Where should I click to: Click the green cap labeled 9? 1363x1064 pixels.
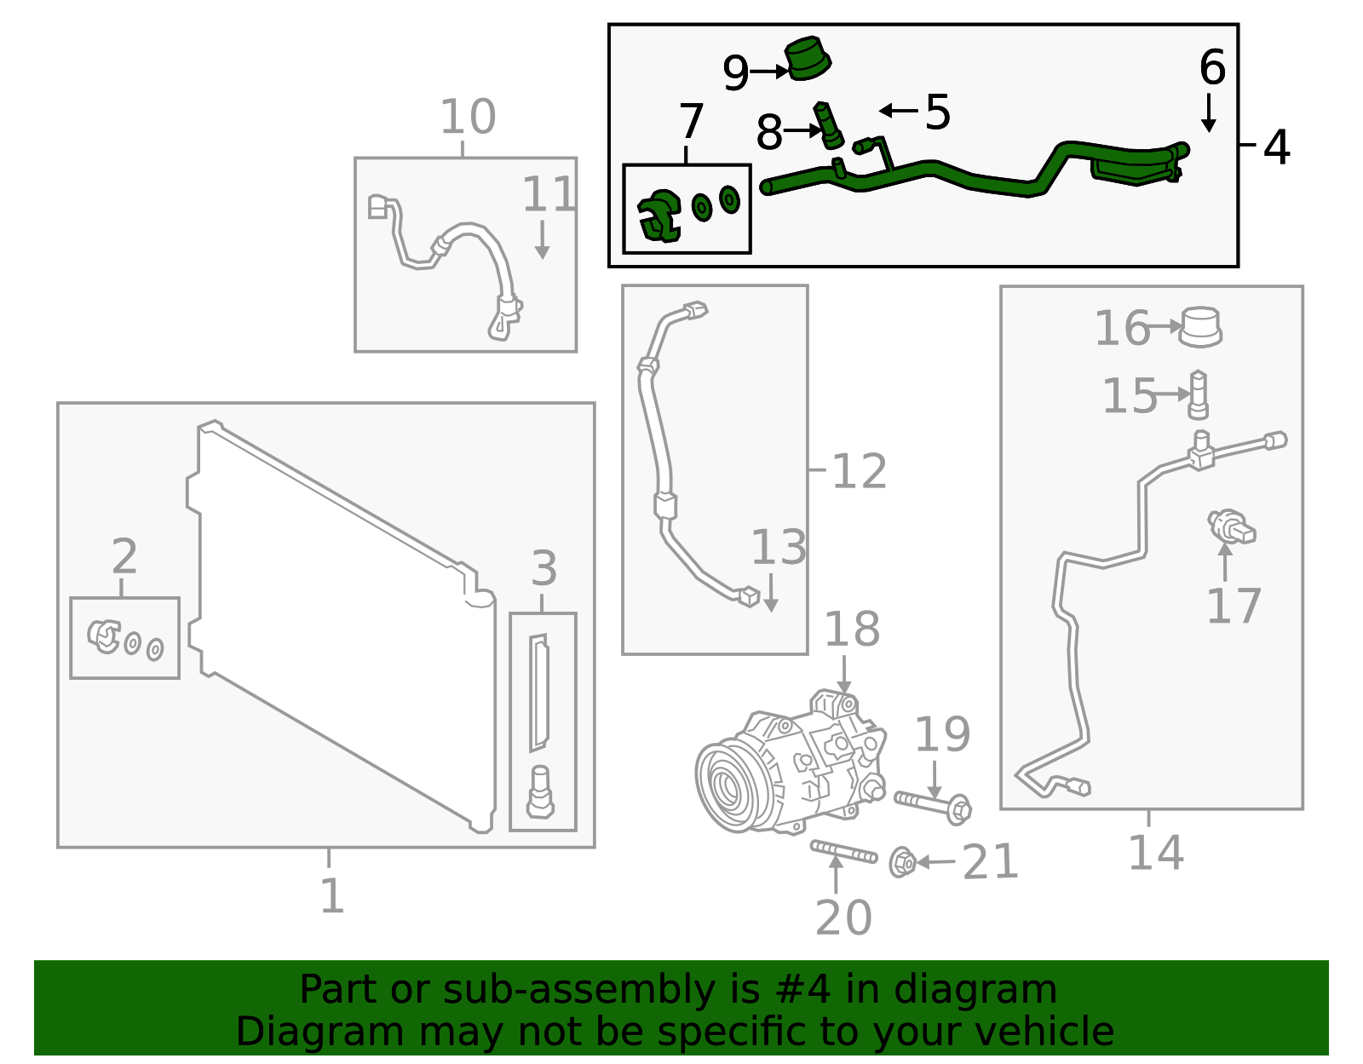click(x=807, y=60)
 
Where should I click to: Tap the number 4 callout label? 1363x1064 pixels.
click(x=1276, y=147)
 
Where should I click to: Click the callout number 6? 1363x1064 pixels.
click(x=1211, y=67)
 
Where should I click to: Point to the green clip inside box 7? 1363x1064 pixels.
click(x=659, y=216)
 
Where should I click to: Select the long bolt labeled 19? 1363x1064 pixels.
click(x=933, y=804)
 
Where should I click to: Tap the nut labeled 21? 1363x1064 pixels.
click(x=902, y=863)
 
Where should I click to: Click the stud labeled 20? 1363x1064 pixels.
click(x=843, y=851)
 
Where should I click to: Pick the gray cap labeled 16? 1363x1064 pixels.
click(x=1200, y=327)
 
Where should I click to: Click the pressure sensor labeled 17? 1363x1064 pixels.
click(x=1231, y=526)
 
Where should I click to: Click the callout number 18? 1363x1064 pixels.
click(x=852, y=630)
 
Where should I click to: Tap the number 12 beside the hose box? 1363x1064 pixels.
click(x=859, y=471)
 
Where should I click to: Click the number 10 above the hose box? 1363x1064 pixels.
click(x=468, y=117)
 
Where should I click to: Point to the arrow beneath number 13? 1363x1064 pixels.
click(x=770, y=593)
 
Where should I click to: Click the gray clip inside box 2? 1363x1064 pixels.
click(x=104, y=636)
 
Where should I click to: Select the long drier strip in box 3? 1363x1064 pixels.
click(x=538, y=693)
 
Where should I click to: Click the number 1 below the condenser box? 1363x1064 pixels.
click(x=331, y=895)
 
